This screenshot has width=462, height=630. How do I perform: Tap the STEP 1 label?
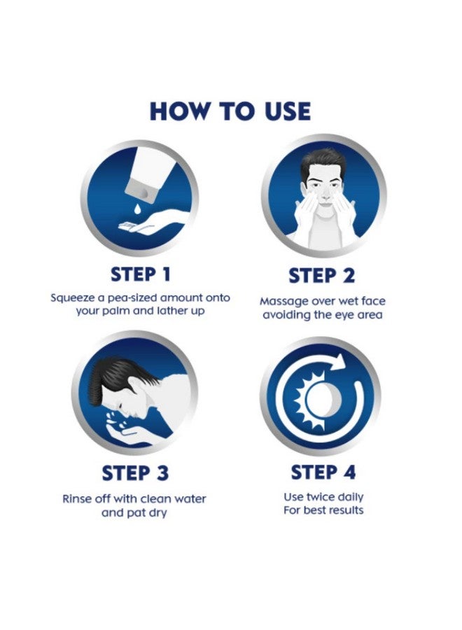141,274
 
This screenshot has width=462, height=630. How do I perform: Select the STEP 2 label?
322,276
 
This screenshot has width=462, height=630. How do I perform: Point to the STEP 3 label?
135,473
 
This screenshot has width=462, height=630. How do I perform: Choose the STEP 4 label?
323,472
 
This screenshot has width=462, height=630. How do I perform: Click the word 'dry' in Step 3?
157,513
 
